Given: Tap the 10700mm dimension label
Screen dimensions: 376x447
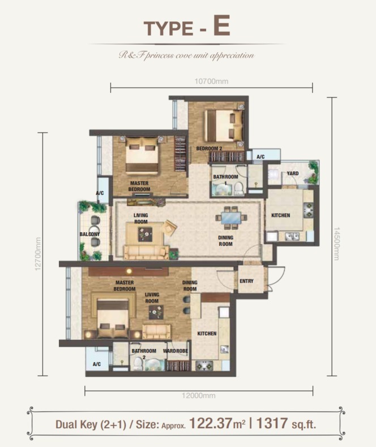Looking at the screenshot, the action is [x=211, y=82].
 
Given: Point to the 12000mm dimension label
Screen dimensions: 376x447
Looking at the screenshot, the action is [x=199, y=395].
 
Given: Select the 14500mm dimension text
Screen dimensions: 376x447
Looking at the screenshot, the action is [x=336, y=244].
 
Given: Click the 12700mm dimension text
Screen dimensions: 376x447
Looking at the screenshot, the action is [x=37, y=254].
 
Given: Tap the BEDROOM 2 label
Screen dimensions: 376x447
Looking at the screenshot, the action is [x=209, y=148].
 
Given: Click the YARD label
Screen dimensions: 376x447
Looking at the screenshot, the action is [x=293, y=173].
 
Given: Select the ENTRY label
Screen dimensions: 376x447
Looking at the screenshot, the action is [x=246, y=281].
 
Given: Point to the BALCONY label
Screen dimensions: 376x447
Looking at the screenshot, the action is [x=89, y=234].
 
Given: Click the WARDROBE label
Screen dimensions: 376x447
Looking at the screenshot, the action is [x=176, y=351].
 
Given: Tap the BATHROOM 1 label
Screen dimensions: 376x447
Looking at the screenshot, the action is [x=225, y=180].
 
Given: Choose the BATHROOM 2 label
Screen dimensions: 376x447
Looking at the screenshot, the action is [x=144, y=354].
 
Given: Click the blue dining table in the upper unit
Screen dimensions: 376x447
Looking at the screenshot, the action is [x=230, y=218].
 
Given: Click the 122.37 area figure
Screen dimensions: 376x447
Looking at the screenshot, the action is [x=211, y=423].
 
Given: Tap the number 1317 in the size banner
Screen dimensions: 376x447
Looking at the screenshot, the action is [x=272, y=423].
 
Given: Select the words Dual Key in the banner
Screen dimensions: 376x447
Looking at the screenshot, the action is [x=76, y=424].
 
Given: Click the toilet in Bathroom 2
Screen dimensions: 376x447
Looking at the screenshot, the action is [x=138, y=364].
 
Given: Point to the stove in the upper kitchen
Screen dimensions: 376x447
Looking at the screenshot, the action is [x=309, y=210].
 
